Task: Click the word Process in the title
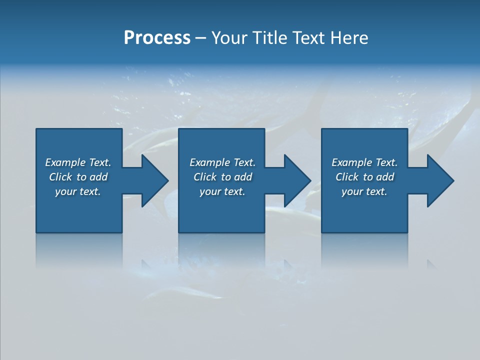[157, 37]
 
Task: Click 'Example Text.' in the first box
[78, 162]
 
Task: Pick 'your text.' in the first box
[78, 191]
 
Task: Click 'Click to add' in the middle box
[222, 177]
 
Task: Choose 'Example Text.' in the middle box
[222, 162]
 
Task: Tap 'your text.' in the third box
[364, 191]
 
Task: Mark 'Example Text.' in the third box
[364, 162]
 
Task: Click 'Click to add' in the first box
[78, 177]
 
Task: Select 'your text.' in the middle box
[222, 191]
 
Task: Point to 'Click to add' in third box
[364, 177]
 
